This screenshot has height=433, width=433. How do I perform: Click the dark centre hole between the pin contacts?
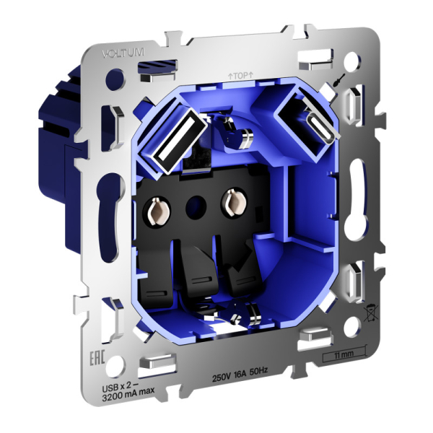pos(194,206)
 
